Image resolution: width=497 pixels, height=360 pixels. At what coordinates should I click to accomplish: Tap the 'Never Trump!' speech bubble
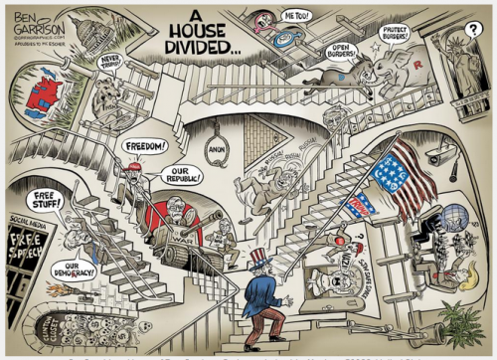point(110,64)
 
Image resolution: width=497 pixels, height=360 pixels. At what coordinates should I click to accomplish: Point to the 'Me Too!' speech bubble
point(296,17)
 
